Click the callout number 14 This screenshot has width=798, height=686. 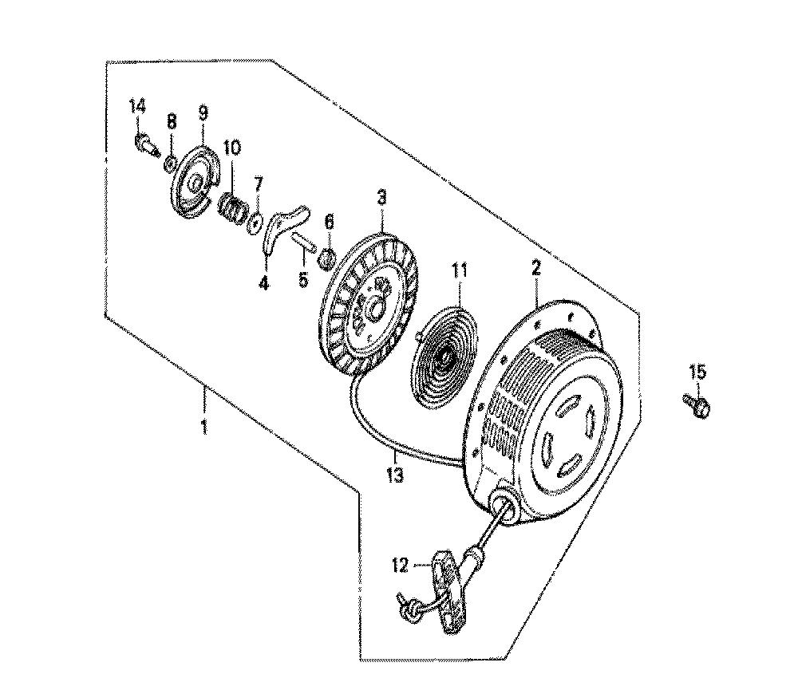pyautogui.click(x=137, y=108)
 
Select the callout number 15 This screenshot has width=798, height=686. pyautogui.click(x=698, y=373)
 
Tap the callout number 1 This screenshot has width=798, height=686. pyautogui.click(x=204, y=427)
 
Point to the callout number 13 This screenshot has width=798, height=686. pyautogui.click(x=395, y=475)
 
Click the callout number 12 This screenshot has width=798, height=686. pyautogui.click(x=401, y=566)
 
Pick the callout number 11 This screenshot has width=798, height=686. pyautogui.click(x=459, y=270)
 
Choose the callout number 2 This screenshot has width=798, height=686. pyautogui.click(x=536, y=268)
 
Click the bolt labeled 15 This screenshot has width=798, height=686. pyautogui.click(x=697, y=405)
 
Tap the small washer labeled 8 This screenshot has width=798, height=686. pyautogui.click(x=171, y=164)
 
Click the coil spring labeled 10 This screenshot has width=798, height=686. pyautogui.click(x=234, y=207)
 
